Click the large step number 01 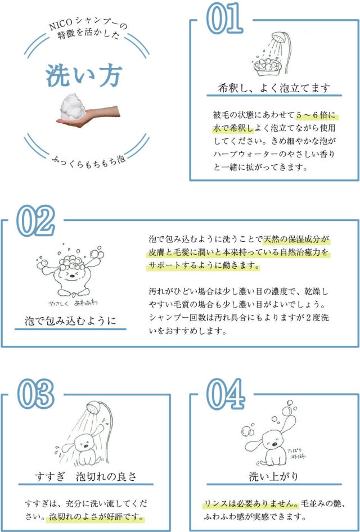224,20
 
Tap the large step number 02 35,222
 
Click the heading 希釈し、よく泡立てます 273,88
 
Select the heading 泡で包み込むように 70,321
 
